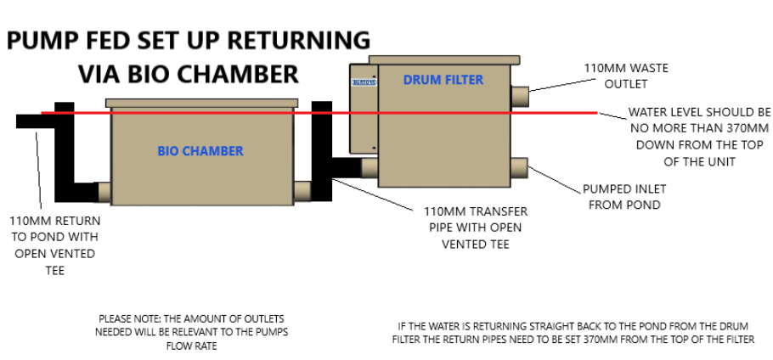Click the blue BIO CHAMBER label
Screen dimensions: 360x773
(x=200, y=151)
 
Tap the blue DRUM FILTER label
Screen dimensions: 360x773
(x=443, y=80)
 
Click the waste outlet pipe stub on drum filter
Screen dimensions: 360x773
(x=520, y=94)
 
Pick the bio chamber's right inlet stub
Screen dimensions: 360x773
(x=302, y=192)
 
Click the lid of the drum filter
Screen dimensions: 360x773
(x=443, y=61)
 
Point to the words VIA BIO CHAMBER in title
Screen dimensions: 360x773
(x=189, y=74)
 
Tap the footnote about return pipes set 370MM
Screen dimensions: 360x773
(x=573, y=331)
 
